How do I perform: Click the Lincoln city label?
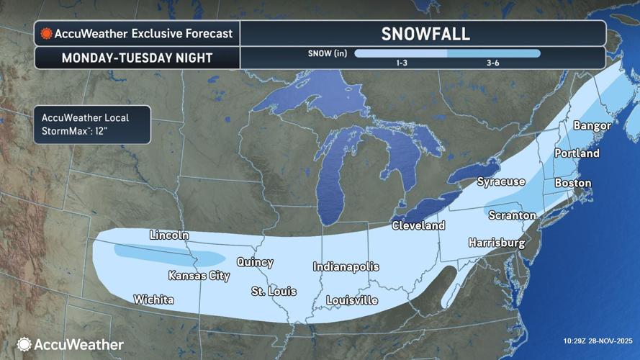(x=169, y=235)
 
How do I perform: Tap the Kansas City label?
(x=199, y=276)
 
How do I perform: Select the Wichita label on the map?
(x=153, y=300)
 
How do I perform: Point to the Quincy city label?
(x=255, y=263)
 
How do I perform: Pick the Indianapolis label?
(x=346, y=267)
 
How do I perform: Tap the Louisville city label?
(x=352, y=300)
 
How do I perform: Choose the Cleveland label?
(x=418, y=225)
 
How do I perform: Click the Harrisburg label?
(x=497, y=243)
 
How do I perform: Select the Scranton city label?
(x=512, y=215)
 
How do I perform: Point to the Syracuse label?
(x=501, y=182)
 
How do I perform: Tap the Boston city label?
(x=572, y=184)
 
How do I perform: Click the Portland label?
(x=577, y=153)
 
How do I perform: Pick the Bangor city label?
(x=592, y=126)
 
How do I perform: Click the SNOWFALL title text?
(x=425, y=34)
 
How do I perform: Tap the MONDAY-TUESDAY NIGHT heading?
(x=136, y=58)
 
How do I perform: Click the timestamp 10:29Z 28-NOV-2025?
(x=597, y=340)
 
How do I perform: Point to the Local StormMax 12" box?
(x=91, y=124)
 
